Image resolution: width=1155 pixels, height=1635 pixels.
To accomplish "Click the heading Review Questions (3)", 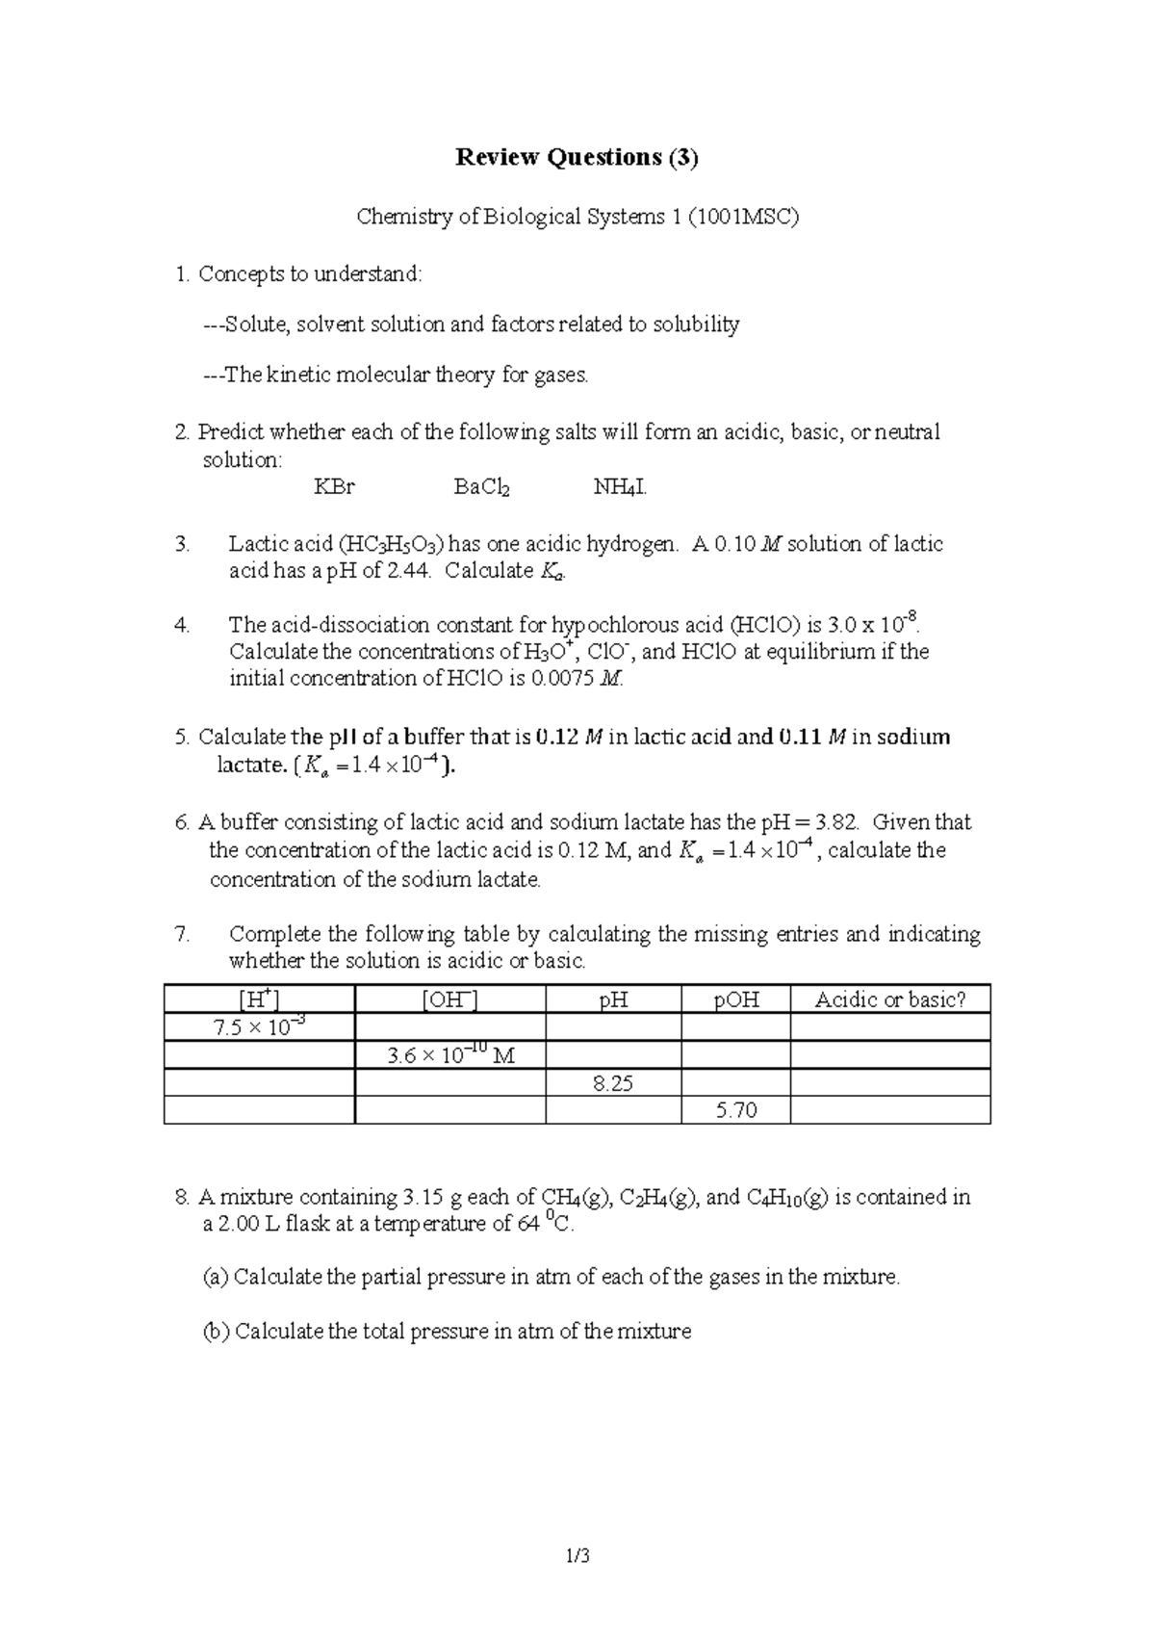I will coord(577,158).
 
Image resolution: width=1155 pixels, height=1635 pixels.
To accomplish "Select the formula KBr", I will coord(334,487).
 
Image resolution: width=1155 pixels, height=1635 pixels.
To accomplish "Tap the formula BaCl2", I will coord(481,488).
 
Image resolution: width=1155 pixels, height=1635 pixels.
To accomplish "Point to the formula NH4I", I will coord(620,488).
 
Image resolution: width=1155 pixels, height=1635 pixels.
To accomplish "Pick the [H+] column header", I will coord(259,999).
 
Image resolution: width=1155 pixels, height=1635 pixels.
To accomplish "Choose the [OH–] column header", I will coord(449,999).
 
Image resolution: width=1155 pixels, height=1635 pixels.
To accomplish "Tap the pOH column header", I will coord(736,1000).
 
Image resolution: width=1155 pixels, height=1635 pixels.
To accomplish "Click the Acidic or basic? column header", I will coord(889,1000).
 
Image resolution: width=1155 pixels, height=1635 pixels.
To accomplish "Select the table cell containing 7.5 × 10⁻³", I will coord(259,1027).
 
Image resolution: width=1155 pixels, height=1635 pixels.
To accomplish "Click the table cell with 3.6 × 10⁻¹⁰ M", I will coord(449,1055).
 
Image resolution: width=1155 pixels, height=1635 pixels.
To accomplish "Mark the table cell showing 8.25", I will coord(613,1083).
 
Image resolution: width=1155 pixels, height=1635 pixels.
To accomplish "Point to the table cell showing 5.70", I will coord(736,1111).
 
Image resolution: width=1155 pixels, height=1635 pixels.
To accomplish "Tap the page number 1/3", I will coord(577,1581).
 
